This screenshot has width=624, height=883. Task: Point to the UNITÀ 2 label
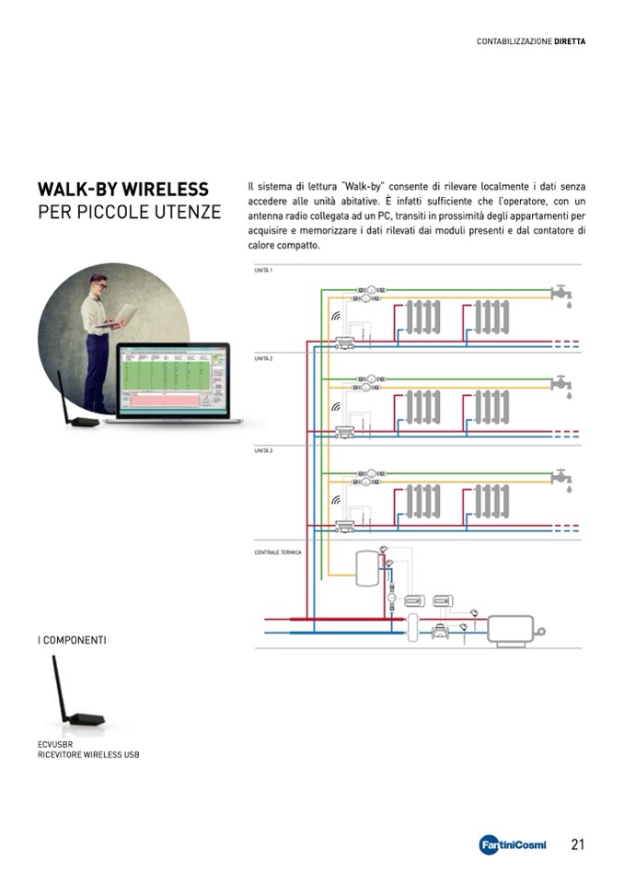[263, 359]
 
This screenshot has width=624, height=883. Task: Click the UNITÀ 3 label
[263, 450]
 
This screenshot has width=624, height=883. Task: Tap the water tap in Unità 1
[560, 294]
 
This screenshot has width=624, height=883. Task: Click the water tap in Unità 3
[560, 476]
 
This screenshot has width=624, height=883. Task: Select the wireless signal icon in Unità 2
[336, 406]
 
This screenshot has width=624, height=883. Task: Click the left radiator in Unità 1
[424, 318]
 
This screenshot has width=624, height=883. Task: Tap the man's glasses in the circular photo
[100, 287]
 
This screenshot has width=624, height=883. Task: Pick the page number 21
[578, 844]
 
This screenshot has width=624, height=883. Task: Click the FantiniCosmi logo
[513, 845]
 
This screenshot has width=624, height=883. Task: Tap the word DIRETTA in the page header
[570, 41]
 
